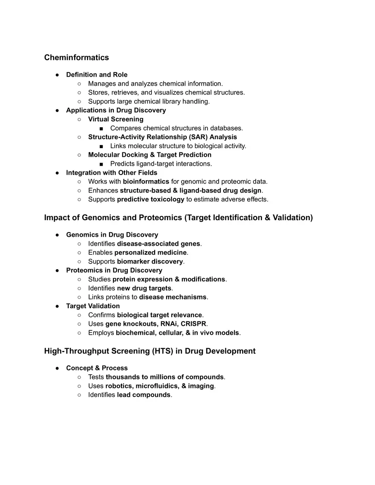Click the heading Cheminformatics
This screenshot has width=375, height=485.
click(x=76, y=57)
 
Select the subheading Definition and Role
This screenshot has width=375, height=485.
click(x=97, y=75)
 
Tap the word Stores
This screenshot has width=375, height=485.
click(x=98, y=92)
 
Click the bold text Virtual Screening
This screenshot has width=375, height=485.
click(x=115, y=119)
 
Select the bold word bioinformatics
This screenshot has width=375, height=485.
click(x=146, y=181)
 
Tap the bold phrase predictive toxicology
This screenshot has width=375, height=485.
click(x=150, y=199)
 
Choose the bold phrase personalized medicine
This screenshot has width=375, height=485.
click(x=151, y=253)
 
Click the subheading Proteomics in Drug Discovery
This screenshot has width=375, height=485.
click(x=114, y=270)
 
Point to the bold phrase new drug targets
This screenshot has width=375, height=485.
click(x=144, y=288)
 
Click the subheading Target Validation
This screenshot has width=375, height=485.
click(x=93, y=306)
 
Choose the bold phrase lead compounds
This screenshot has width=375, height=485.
click(x=144, y=395)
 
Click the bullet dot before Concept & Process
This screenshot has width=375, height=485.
click(x=57, y=368)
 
